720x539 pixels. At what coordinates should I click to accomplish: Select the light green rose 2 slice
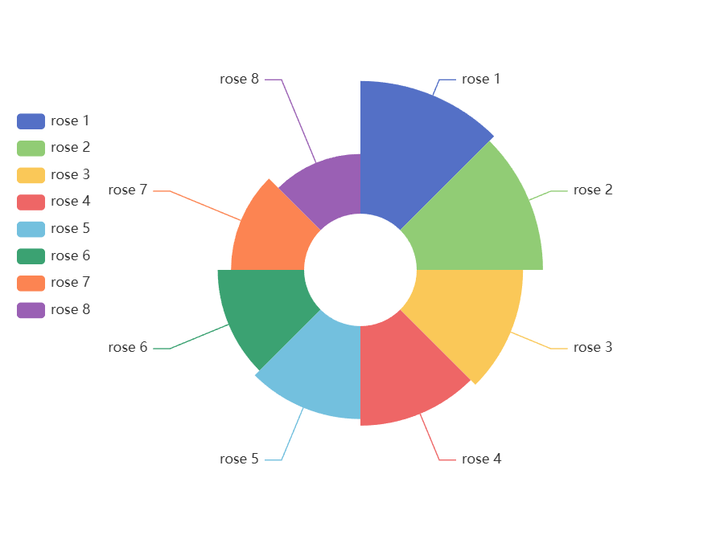(475, 217)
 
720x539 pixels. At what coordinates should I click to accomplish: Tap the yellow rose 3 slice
(467, 313)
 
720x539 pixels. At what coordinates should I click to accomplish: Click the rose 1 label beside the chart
(481, 79)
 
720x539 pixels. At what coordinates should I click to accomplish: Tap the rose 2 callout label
(593, 190)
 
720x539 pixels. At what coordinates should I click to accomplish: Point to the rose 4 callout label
(481, 459)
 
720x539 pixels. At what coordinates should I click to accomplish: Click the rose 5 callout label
(240, 459)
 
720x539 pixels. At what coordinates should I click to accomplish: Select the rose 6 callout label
(128, 348)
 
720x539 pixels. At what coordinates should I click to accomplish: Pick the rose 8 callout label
(240, 79)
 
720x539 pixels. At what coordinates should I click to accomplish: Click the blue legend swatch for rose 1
(31, 121)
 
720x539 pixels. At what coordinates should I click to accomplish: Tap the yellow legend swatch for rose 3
(31, 175)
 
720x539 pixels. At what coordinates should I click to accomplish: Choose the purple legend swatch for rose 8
(31, 310)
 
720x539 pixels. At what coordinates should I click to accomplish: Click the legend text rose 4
(70, 202)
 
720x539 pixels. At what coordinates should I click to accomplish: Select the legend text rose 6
(70, 255)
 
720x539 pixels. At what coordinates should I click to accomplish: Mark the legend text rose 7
(70, 283)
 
